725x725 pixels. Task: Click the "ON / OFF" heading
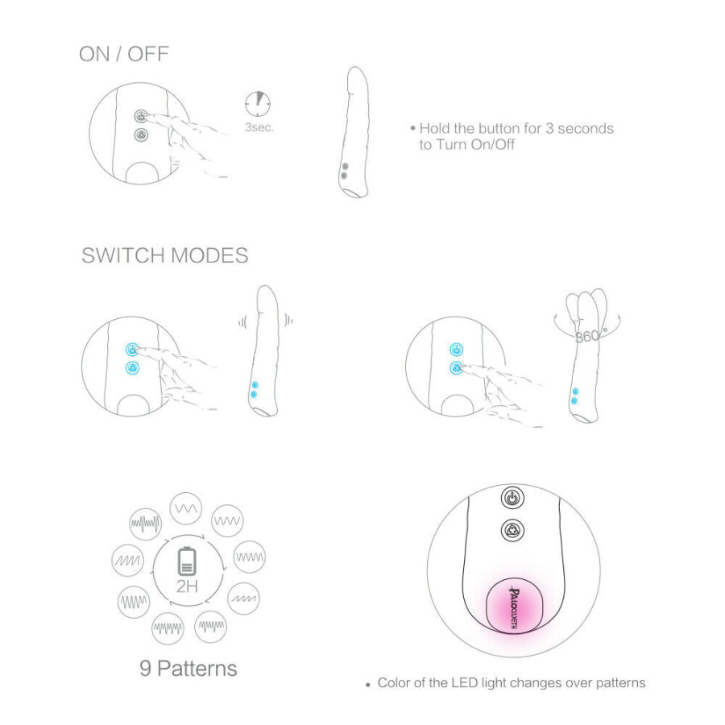click(124, 54)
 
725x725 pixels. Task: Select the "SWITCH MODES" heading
click(165, 255)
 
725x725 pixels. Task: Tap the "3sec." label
click(259, 127)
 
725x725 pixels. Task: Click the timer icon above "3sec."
click(258, 104)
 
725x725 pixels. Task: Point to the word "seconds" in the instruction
click(586, 129)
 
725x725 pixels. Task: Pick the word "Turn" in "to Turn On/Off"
click(452, 145)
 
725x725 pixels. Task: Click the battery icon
click(187, 561)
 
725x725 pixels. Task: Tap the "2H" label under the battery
click(187, 586)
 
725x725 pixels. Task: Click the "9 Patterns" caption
click(188, 669)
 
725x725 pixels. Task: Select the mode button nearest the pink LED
click(513, 530)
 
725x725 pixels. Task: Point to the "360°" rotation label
click(591, 335)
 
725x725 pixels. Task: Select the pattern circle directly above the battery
click(186, 508)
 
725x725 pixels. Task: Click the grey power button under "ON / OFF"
click(140, 116)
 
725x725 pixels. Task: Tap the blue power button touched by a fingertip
click(133, 350)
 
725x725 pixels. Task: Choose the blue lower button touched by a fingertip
click(457, 368)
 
